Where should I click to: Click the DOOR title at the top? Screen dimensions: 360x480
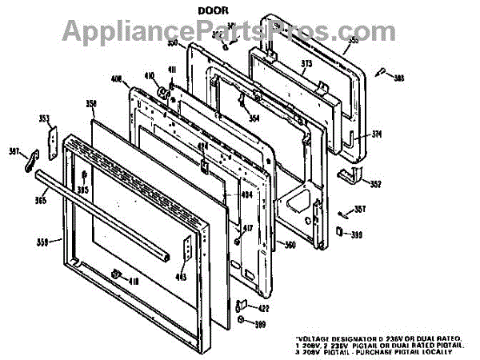click(x=214, y=12)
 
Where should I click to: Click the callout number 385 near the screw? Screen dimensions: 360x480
click(x=399, y=78)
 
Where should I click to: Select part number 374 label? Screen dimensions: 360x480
click(x=377, y=134)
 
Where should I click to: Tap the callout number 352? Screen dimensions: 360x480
click(x=375, y=183)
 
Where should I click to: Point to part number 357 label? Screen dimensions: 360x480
click(x=360, y=210)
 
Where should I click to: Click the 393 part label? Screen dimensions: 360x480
click(x=356, y=234)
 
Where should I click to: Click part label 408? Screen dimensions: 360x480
click(x=116, y=79)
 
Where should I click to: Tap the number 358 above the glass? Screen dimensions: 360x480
click(x=91, y=104)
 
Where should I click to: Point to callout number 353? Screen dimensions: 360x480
click(x=44, y=118)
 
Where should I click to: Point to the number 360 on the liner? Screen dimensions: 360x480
click(x=290, y=245)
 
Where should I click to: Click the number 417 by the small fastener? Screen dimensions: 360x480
click(x=248, y=229)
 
